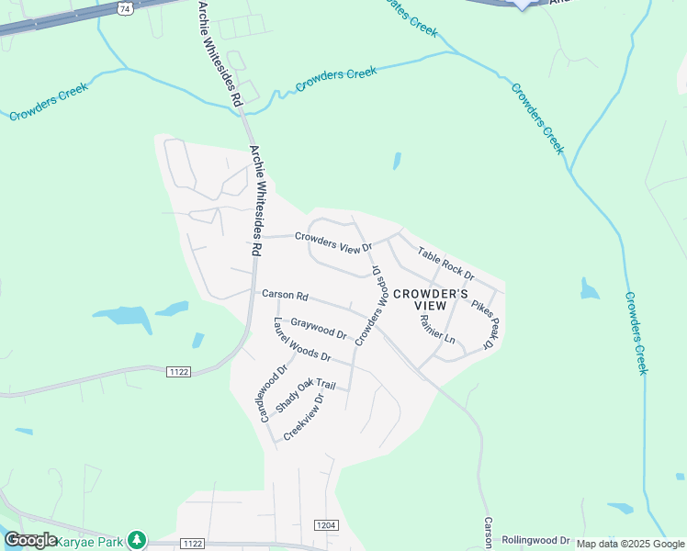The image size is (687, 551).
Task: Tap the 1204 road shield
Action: coord(326,524)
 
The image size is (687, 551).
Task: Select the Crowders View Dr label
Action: coord(332,242)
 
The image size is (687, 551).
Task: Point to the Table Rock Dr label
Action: coord(445,264)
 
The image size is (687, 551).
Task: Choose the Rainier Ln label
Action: coord(437,328)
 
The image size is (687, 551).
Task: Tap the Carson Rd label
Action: coord(284,296)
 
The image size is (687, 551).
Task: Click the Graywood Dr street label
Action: coord(318,328)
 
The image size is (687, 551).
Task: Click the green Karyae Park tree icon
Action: coord(137,540)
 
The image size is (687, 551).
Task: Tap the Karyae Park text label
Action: coord(90,542)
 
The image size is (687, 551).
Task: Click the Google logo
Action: coord(30,541)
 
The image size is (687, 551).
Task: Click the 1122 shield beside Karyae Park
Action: coord(191,544)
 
